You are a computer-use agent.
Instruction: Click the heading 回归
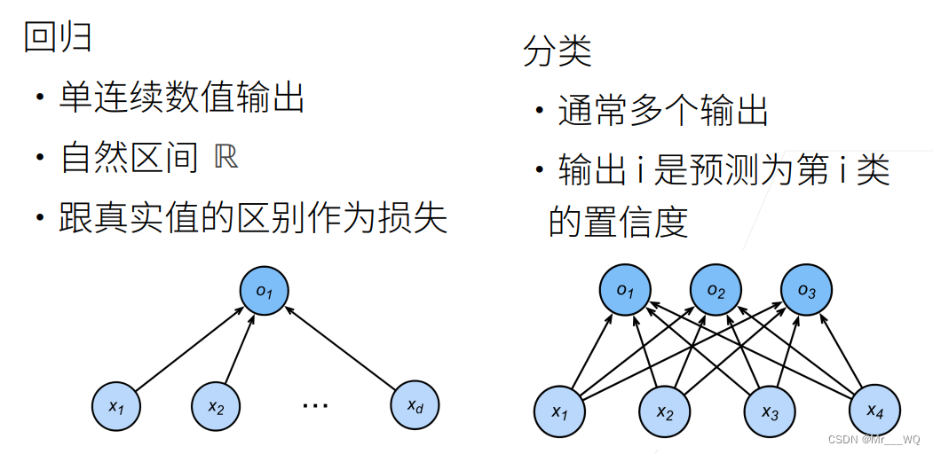pos(59,38)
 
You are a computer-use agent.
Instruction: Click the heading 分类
pos(557,52)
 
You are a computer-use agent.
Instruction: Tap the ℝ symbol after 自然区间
pos(226,158)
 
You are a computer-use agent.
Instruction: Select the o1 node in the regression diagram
pos(265,289)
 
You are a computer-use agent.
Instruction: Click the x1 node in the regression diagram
pos(117,406)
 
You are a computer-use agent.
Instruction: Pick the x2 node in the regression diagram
pos(217,406)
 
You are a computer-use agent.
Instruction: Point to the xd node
pos(415,406)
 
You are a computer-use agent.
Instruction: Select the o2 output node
pos(716,291)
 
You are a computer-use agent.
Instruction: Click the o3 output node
pos(806,291)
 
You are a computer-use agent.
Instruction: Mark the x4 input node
pos(875,410)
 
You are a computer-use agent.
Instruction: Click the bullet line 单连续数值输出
pos(182,98)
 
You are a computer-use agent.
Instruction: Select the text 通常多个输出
pos(662,111)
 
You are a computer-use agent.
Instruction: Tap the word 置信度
pos(618,221)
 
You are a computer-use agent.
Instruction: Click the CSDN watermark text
pos(874,440)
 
